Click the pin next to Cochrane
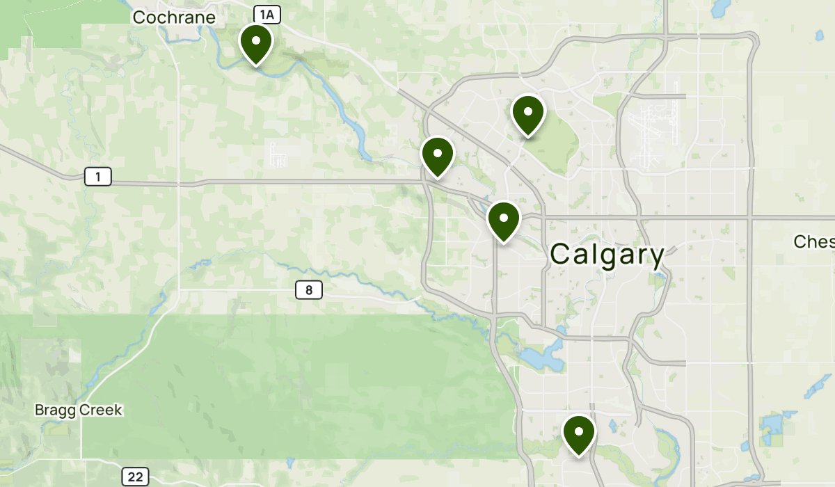point(255,43)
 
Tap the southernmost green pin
point(578,433)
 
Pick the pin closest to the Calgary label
point(504,220)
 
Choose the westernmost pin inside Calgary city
point(438,155)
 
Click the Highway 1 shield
point(98,177)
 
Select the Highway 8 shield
point(309,289)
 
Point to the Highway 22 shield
point(135,477)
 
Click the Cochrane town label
point(174,17)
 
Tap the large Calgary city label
point(607,255)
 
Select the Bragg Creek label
point(79,410)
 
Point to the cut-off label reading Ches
point(813,241)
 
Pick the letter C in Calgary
point(561,255)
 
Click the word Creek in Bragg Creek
point(102,410)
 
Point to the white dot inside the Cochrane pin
point(255,40)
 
